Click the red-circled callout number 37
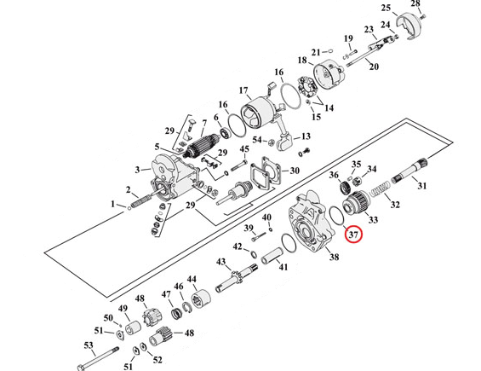(353, 235)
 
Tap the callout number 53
(89, 345)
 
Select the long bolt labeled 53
(99, 358)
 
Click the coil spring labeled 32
(380, 188)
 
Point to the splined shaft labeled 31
(409, 171)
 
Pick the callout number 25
(387, 8)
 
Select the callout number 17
(243, 90)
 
